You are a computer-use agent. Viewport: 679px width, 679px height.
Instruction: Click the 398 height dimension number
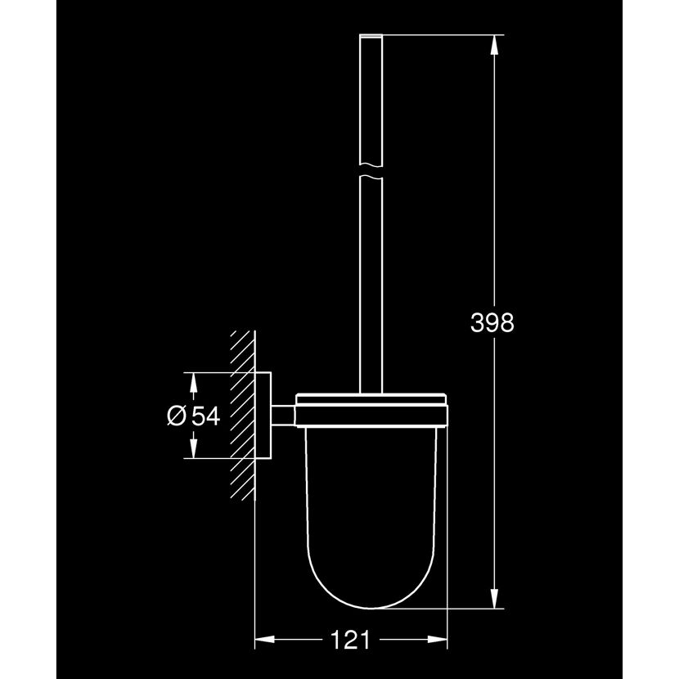[492, 323]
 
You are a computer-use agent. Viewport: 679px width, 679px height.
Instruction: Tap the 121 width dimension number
[351, 639]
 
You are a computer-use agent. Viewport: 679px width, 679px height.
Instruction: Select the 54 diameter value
[206, 416]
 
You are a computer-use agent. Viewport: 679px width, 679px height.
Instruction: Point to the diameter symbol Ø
[176, 416]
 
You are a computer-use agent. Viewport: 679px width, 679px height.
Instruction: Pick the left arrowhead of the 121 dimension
[265, 639]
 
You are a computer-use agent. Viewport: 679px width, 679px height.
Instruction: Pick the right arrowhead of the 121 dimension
[437, 639]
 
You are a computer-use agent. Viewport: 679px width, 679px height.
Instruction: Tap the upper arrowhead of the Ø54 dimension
[194, 382]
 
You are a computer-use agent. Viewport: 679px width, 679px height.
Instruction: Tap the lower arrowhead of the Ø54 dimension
[194, 447]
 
